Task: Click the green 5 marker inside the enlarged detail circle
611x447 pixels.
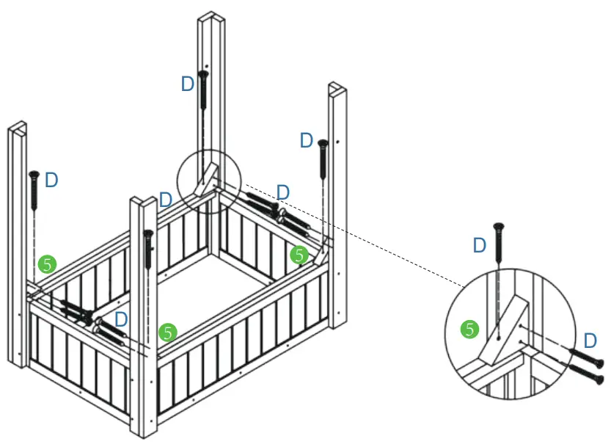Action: (469, 330)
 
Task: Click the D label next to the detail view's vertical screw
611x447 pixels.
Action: (479, 245)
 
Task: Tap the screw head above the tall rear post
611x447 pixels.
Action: (203, 75)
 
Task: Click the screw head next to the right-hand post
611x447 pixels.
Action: (322, 143)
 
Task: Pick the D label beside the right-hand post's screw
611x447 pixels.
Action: (307, 140)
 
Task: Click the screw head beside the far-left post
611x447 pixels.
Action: (34, 175)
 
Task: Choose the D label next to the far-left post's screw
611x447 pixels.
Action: (51, 180)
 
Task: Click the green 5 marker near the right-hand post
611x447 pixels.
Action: (298, 255)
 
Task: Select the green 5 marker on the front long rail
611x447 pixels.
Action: (168, 332)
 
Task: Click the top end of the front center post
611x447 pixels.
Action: (143, 200)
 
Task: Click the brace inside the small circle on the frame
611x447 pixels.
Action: (208, 179)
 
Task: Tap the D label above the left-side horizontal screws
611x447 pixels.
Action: (122, 319)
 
